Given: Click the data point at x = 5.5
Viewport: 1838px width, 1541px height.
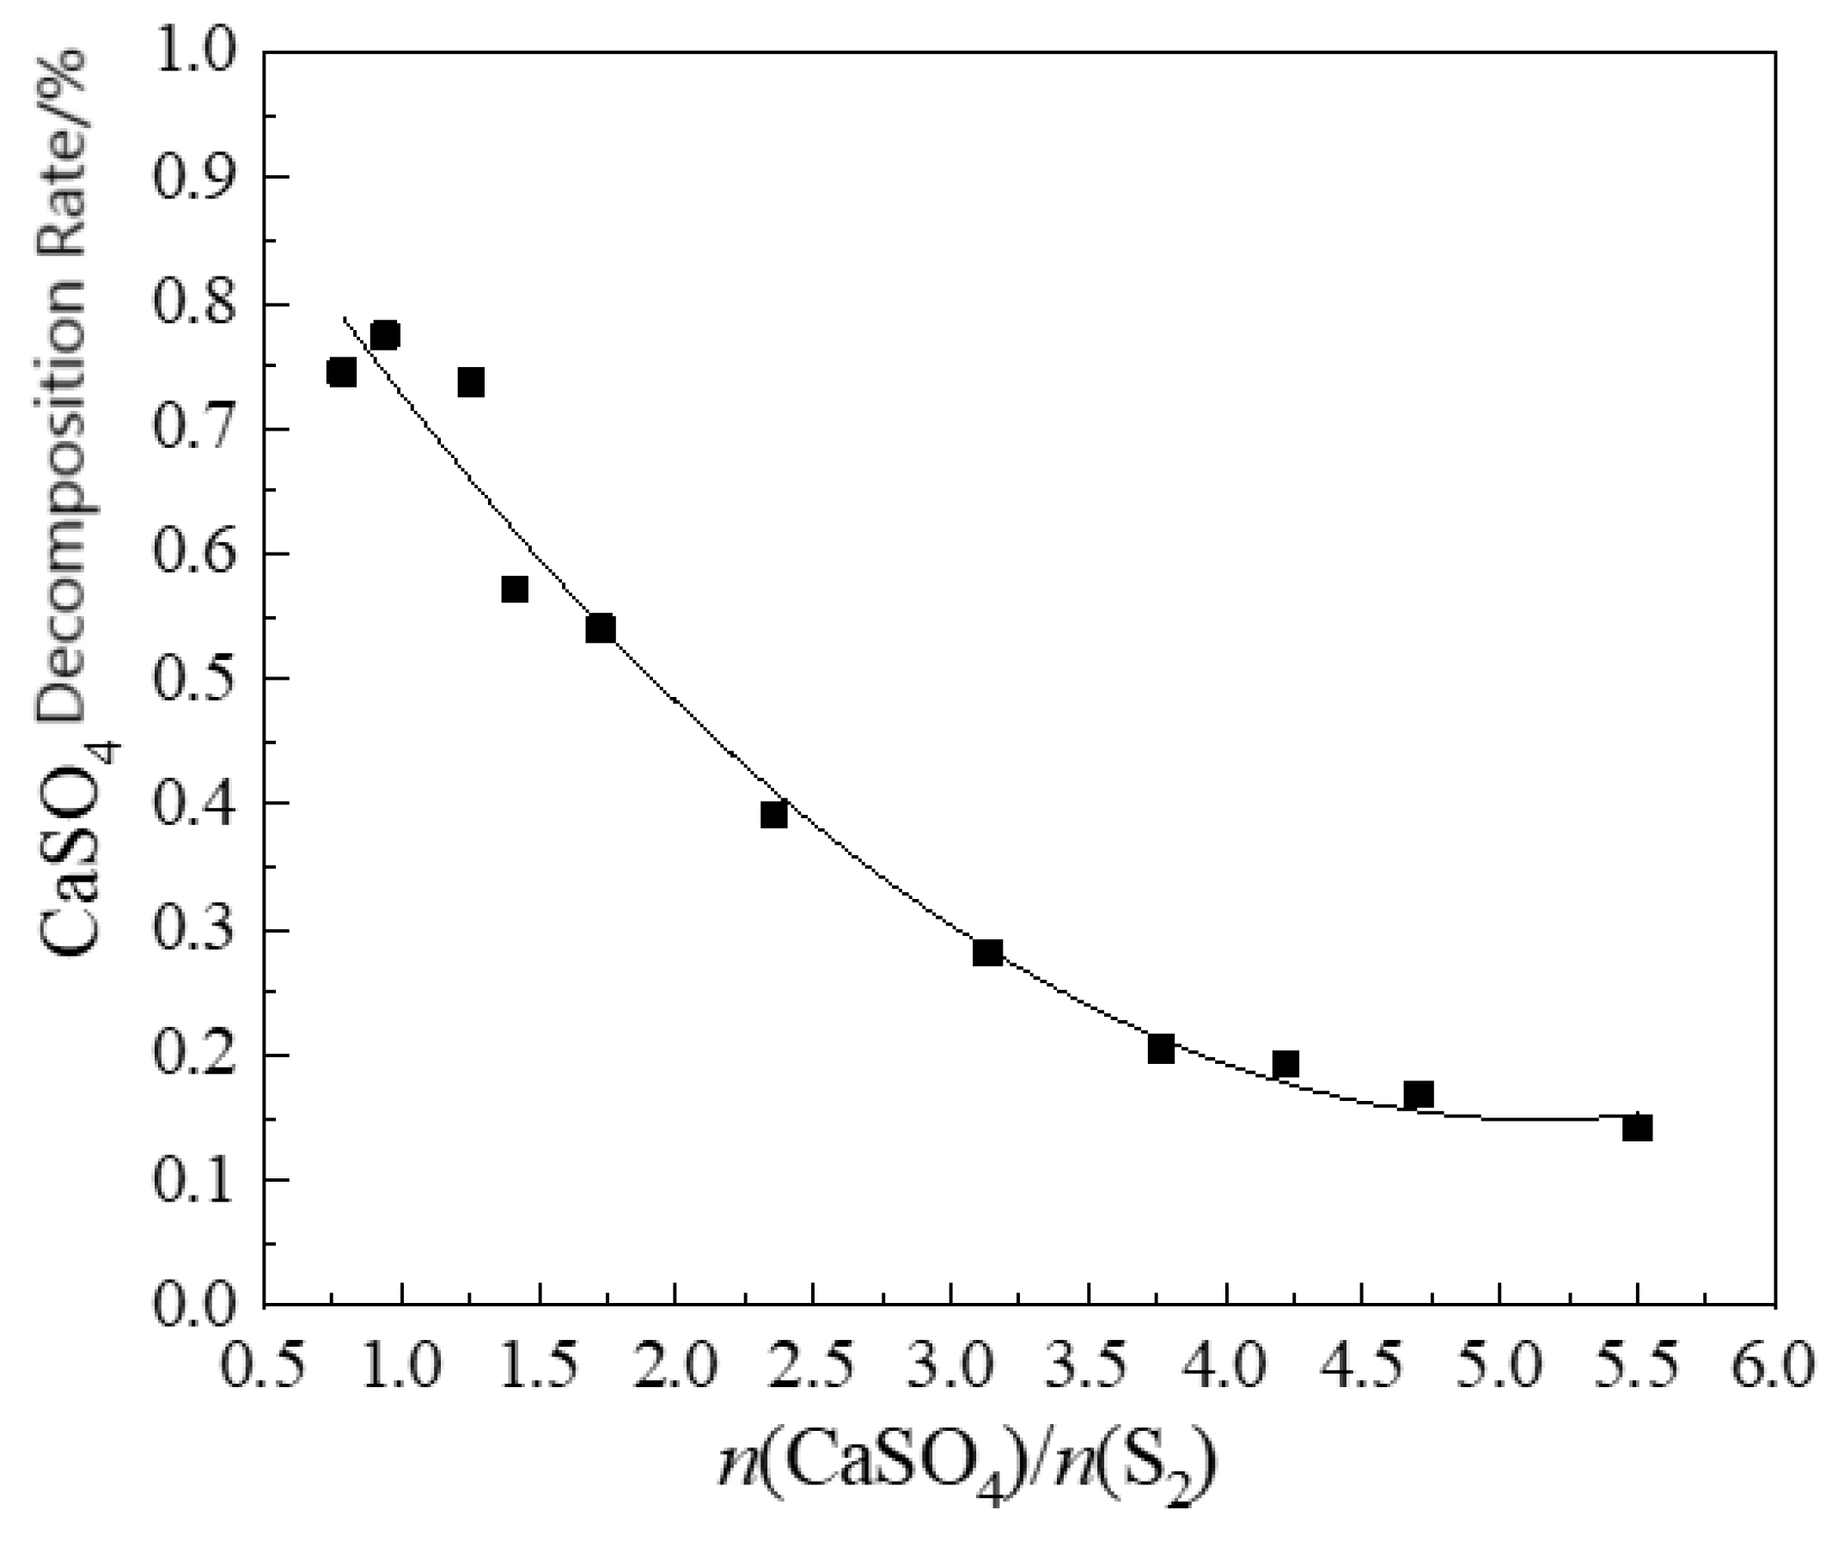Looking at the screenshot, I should point(1637,1128).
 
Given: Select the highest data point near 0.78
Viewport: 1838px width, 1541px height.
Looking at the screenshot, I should point(385,335).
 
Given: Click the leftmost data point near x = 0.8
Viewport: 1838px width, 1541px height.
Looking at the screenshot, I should point(341,372).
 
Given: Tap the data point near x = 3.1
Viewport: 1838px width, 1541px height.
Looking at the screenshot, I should point(987,952).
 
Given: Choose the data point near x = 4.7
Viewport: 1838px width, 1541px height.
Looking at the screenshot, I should point(1419,1094).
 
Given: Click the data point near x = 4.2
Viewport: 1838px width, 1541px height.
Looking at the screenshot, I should point(1285,1064).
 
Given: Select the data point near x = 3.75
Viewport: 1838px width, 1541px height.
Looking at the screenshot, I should point(1161,1049).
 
